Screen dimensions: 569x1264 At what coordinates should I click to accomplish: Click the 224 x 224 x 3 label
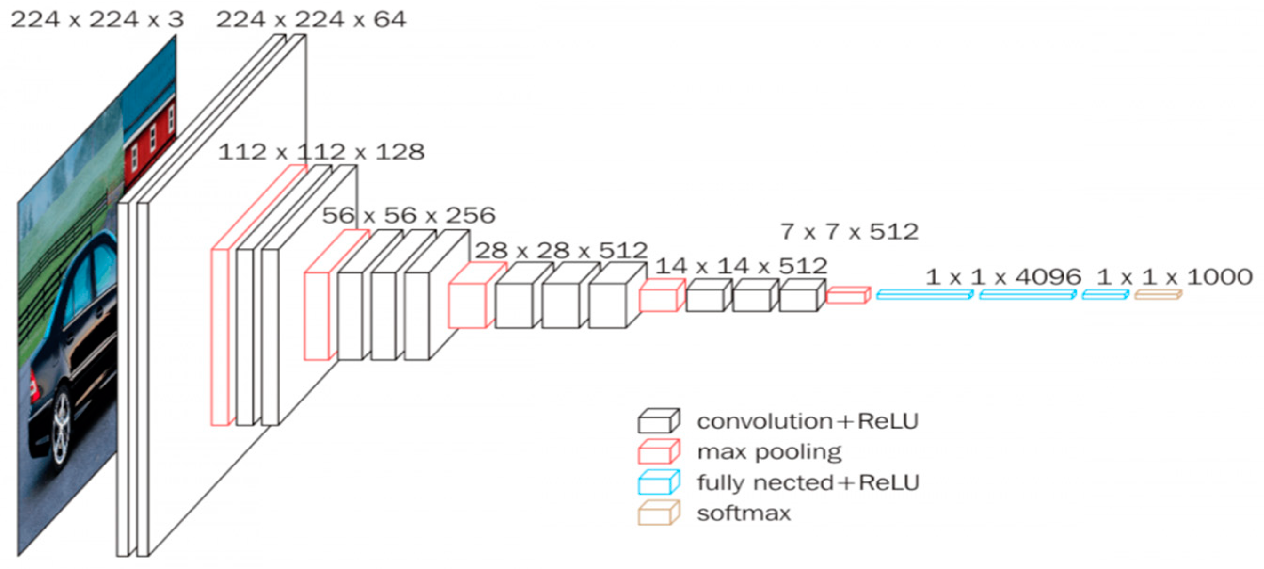tap(97, 20)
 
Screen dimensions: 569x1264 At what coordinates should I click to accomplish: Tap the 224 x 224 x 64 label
tap(311, 20)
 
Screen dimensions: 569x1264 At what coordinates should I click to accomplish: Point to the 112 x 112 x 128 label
tap(321, 152)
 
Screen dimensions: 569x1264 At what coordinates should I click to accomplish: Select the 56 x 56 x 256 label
tap(408, 216)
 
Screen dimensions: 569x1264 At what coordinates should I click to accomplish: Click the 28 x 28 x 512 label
tap(561, 251)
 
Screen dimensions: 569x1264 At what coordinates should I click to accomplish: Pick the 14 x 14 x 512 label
tap(742, 266)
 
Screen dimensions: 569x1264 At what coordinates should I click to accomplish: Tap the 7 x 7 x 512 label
tap(849, 232)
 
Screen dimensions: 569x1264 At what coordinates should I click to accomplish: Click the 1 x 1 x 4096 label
tap(1003, 277)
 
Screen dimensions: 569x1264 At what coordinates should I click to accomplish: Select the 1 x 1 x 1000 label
tap(1174, 277)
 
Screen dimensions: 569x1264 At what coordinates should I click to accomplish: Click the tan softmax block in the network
tap(1158, 295)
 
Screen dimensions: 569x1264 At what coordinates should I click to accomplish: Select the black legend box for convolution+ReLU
tap(658, 422)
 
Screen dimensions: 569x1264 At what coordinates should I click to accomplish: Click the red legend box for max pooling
tap(658, 452)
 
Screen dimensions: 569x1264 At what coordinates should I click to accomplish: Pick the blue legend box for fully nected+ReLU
tap(658, 483)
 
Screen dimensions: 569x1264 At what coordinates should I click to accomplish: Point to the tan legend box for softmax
tap(658, 513)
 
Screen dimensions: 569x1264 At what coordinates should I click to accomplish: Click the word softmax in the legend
tap(744, 513)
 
